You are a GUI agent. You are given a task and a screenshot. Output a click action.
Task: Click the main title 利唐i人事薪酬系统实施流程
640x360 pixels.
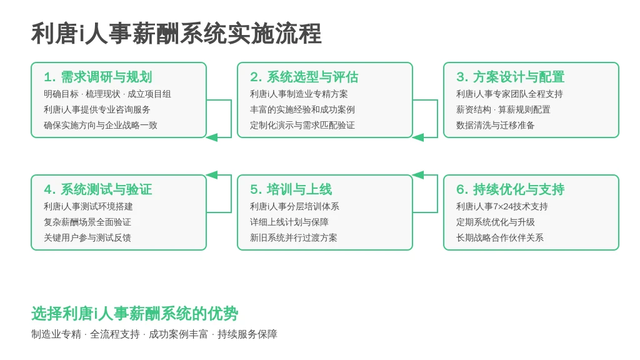coord(176,34)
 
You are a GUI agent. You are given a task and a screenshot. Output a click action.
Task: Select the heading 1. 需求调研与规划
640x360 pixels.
coord(98,77)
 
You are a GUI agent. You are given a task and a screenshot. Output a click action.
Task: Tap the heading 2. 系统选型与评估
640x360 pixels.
coord(304,77)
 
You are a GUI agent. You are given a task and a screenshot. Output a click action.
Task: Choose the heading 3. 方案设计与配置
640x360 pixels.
coord(510,77)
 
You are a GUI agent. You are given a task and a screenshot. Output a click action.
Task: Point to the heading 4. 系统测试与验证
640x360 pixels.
coord(98,189)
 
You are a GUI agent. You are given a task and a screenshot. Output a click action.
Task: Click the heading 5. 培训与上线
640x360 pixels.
coord(291,189)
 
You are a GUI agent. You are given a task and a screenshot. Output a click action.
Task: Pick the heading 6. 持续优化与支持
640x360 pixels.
coord(510,189)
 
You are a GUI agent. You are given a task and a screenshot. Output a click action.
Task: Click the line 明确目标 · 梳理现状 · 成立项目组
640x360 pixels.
coord(107,94)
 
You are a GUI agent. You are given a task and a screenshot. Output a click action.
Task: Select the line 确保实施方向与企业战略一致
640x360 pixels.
coord(101,125)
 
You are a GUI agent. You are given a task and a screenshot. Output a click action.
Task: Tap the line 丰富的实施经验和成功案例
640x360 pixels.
coord(302,110)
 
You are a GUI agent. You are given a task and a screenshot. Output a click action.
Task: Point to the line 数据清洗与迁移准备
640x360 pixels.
coord(495,125)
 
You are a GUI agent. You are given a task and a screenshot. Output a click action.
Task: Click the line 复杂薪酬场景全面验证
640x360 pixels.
coord(87,222)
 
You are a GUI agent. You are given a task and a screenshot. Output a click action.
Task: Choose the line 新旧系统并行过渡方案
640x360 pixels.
coord(294,238)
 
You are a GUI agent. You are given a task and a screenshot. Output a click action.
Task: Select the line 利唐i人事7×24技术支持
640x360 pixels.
coord(502,207)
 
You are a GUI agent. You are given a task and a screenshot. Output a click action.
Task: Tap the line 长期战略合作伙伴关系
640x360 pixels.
coord(499,238)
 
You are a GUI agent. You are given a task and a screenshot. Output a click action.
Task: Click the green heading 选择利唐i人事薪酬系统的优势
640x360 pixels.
coord(135,314)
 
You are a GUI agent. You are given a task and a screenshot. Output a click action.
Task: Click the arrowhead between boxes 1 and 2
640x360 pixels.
coord(212,137)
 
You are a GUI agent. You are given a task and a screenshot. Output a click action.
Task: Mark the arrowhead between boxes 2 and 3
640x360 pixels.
coord(418,137)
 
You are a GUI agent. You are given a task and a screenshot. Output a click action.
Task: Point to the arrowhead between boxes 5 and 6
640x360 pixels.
coord(418,175)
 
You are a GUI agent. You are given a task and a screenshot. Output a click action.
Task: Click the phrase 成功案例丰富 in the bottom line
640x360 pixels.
coord(178,335)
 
